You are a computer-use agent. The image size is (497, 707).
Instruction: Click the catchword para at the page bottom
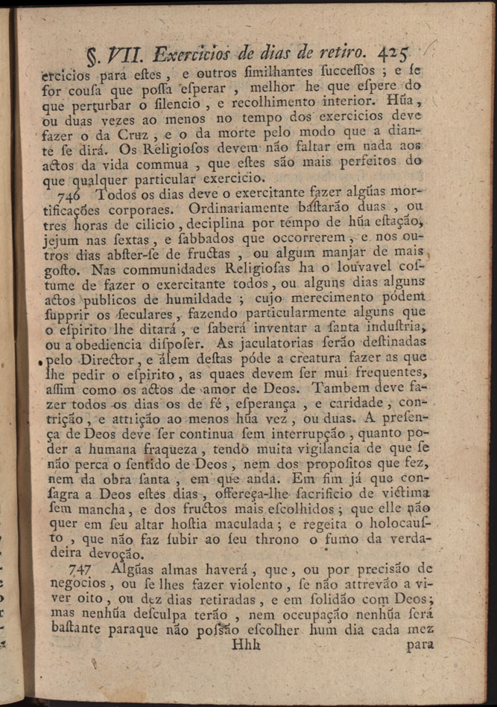(421, 644)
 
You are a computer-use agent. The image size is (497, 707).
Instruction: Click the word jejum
(61, 239)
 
